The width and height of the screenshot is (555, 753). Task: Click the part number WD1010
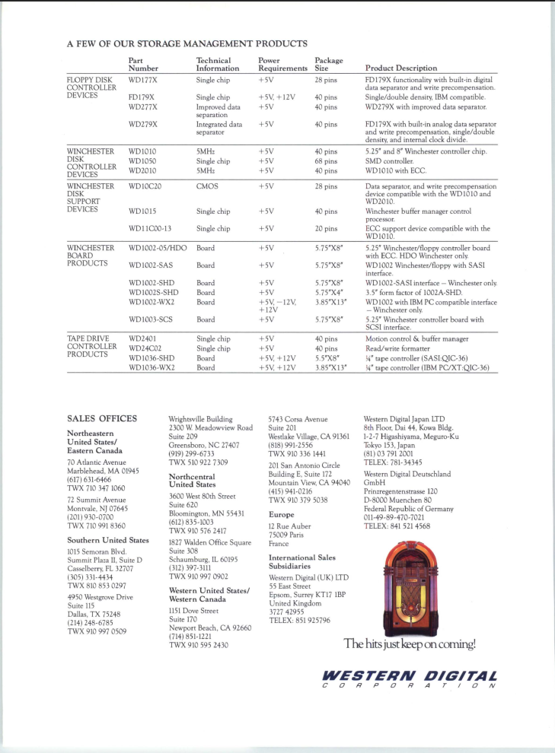click(x=142, y=151)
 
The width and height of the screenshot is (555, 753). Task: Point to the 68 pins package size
click(x=326, y=160)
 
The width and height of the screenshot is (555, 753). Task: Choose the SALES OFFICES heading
click(x=102, y=418)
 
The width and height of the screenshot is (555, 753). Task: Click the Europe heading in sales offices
click(x=282, y=514)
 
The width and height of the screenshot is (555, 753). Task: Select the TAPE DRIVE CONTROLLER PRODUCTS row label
click(x=91, y=346)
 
